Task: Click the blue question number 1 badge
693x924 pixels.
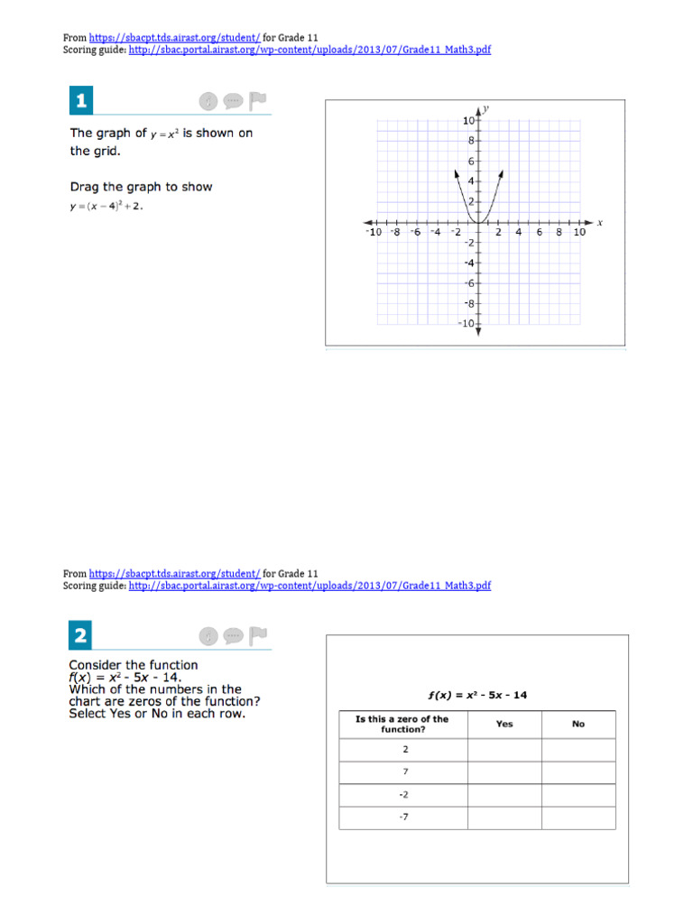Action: click(81, 101)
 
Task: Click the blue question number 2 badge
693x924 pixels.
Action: click(81, 636)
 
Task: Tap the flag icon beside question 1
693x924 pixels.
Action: click(258, 100)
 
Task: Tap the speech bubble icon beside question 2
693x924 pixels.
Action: click(233, 636)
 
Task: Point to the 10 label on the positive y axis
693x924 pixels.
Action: click(468, 121)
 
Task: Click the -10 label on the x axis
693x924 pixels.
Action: click(373, 232)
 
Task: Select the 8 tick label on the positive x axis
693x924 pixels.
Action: click(559, 232)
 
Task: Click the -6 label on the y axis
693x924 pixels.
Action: click(469, 283)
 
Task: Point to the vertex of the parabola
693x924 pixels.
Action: click(478, 222)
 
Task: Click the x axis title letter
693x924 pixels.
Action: click(600, 223)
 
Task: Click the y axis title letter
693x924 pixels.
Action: click(486, 109)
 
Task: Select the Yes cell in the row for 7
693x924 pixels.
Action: click(504, 772)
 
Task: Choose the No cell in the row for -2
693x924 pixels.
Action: click(577, 795)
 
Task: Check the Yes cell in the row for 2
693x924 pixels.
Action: click(504, 750)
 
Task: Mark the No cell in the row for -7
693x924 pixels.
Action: click(577, 818)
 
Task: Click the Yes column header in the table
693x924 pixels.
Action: click(504, 724)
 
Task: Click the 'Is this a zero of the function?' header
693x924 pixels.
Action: click(402, 724)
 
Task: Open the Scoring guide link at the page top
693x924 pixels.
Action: click(310, 50)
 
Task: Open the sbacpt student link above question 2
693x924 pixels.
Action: click(175, 573)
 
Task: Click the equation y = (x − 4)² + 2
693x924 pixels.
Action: click(106, 206)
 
